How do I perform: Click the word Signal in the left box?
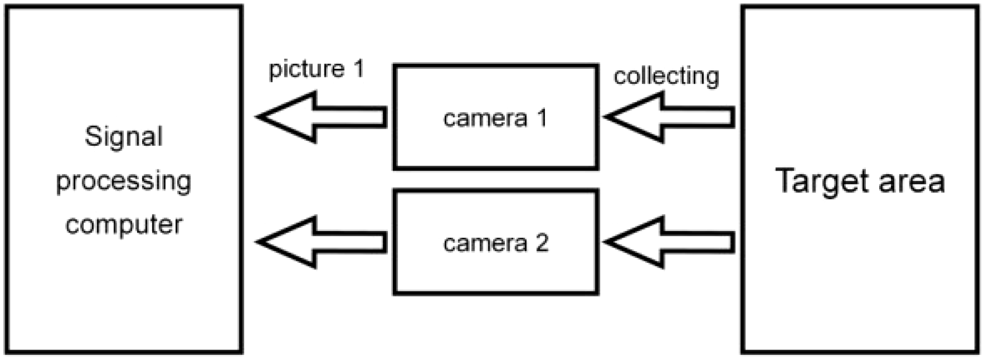click(123, 137)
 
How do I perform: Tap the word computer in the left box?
click(123, 225)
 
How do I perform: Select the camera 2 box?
click(496, 272)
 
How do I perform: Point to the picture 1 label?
click(316, 69)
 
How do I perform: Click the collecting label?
click(666, 77)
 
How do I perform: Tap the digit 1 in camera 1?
click(542, 118)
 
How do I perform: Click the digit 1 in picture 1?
click(358, 69)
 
